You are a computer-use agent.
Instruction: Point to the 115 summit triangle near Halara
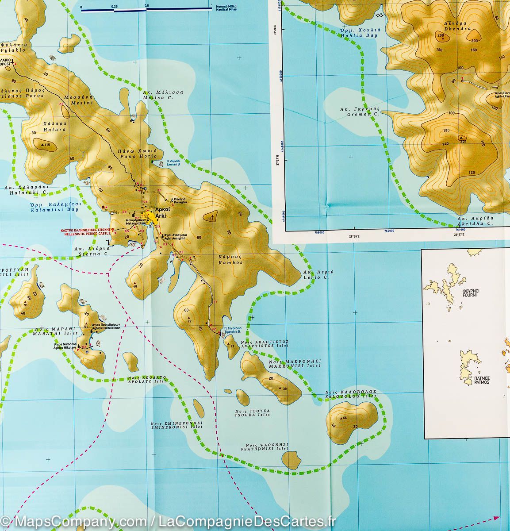[42, 145]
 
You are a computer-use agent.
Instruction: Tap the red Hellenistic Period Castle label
[86, 233]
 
